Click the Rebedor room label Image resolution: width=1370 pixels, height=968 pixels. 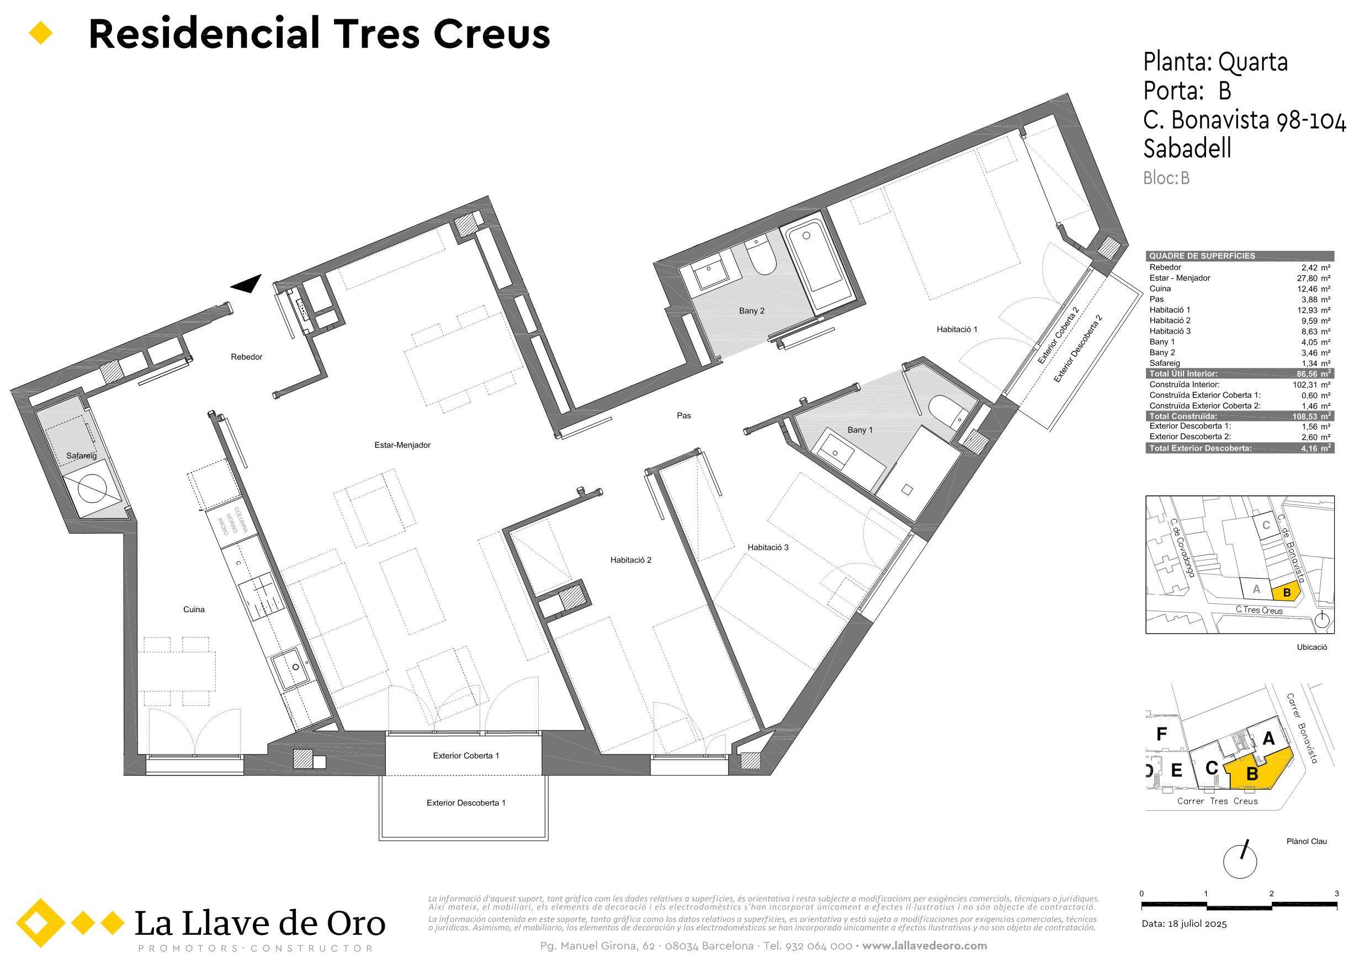[x=246, y=357]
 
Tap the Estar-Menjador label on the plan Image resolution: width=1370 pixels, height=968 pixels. [x=402, y=445]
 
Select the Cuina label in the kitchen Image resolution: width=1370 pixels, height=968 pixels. [x=194, y=609]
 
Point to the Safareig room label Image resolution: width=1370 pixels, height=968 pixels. [x=81, y=456]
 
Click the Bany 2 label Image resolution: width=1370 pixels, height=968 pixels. [x=751, y=311]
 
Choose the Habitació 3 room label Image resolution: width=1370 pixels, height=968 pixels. [x=768, y=547]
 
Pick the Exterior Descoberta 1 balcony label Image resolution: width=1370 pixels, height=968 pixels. [x=466, y=803]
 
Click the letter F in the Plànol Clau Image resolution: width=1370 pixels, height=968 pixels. [x=1161, y=734]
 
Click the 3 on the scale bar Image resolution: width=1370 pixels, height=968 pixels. [x=1336, y=894]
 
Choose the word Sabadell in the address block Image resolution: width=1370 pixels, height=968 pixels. [x=1187, y=148]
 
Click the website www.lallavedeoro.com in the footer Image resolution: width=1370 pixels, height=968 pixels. [x=925, y=946]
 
